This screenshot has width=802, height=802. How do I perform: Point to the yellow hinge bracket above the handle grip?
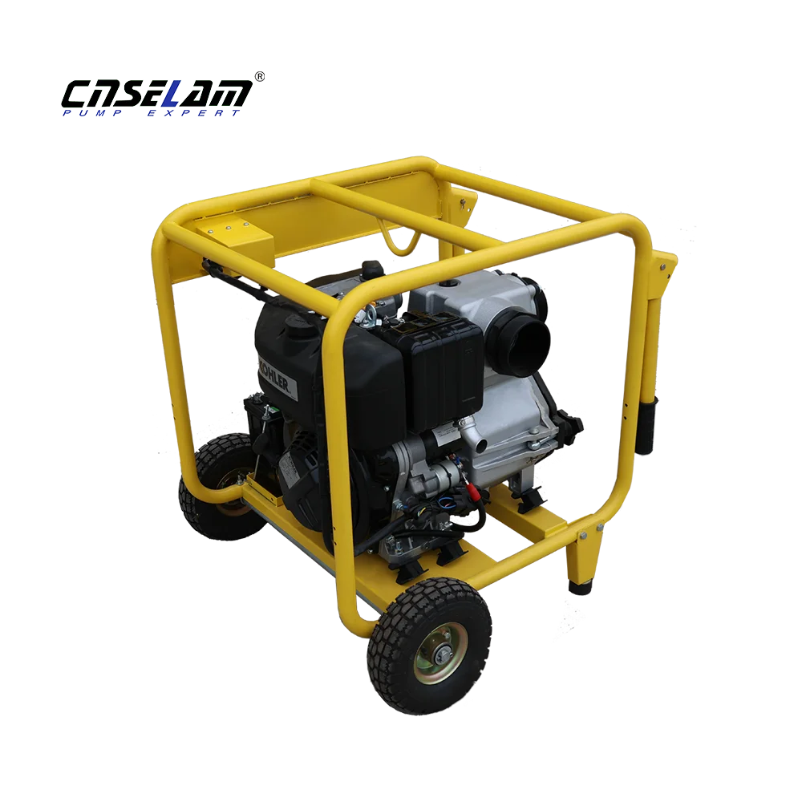[x=665, y=269]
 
